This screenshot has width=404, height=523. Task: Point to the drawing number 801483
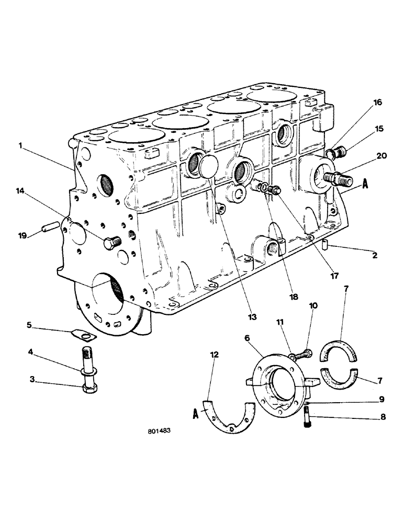point(160,433)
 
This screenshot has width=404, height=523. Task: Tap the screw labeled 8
point(307,416)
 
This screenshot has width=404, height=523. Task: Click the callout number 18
point(294,297)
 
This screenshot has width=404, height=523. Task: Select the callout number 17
point(333,275)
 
